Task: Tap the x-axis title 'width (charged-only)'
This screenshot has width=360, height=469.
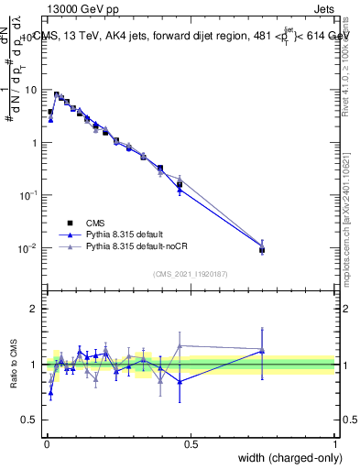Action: (x=285, y=457)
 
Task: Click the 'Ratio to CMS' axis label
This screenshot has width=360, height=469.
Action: (x=12, y=365)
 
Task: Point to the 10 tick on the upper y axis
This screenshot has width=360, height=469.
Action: (x=32, y=90)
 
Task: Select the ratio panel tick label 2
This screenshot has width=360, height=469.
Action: (x=36, y=309)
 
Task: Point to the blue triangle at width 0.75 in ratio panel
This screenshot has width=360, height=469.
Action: (x=262, y=351)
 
